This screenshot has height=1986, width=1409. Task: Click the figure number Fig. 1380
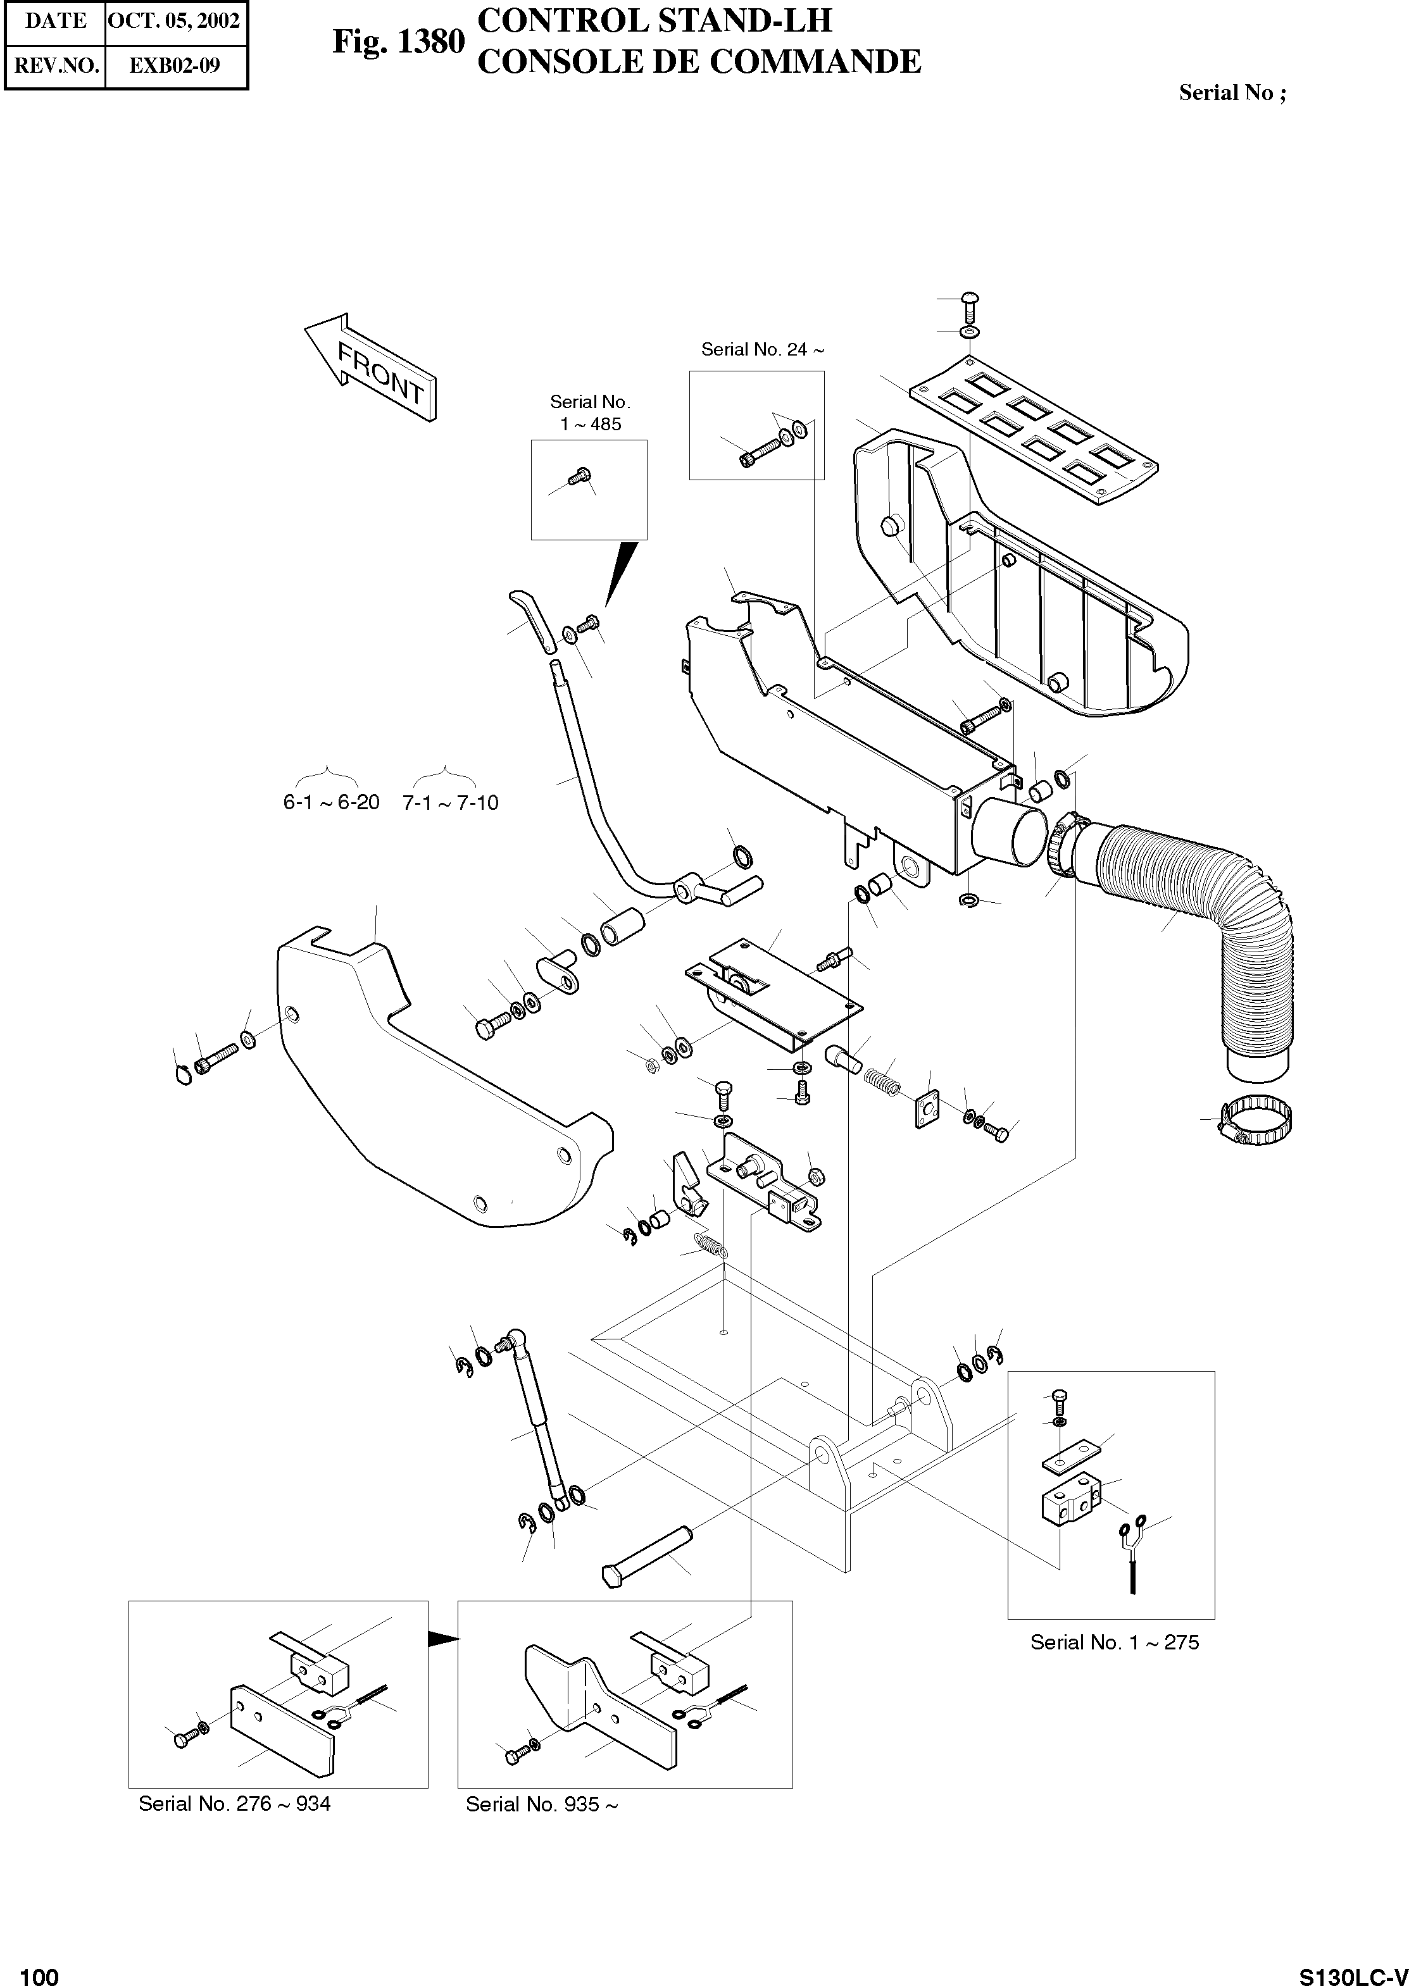tap(398, 42)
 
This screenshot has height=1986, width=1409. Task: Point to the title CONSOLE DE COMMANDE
tap(699, 61)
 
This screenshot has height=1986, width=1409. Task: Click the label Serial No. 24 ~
tap(761, 349)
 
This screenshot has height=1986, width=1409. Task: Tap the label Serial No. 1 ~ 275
tap(1114, 1642)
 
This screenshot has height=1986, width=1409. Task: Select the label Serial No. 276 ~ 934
tap(234, 1804)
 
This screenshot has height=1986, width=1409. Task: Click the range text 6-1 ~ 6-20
tap(332, 802)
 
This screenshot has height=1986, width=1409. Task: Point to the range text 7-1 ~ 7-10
tap(450, 803)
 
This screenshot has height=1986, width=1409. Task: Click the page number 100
tap(39, 1970)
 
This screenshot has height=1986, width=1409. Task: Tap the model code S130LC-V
tap(1353, 1970)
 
